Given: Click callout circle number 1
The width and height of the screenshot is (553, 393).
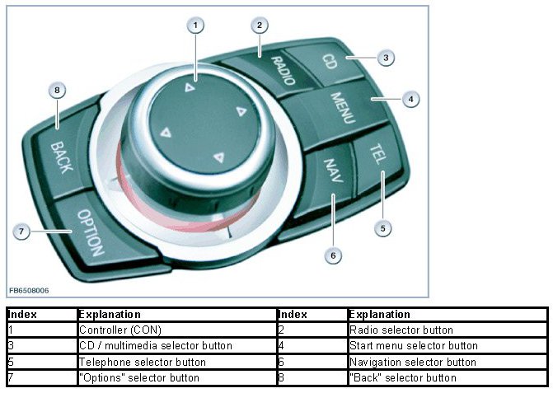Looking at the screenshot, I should click(x=195, y=26).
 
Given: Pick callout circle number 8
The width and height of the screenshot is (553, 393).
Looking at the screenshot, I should click(x=56, y=90).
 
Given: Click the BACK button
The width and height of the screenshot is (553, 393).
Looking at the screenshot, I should click(x=60, y=155).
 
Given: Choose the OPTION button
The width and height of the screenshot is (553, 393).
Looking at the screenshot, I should click(x=88, y=232).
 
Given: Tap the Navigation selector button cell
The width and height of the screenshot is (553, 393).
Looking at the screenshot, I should click(x=412, y=362).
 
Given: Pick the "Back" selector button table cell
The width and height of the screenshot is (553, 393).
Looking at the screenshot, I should click(x=402, y=377).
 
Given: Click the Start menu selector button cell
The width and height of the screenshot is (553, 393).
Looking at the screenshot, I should click(x=413, y=346).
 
